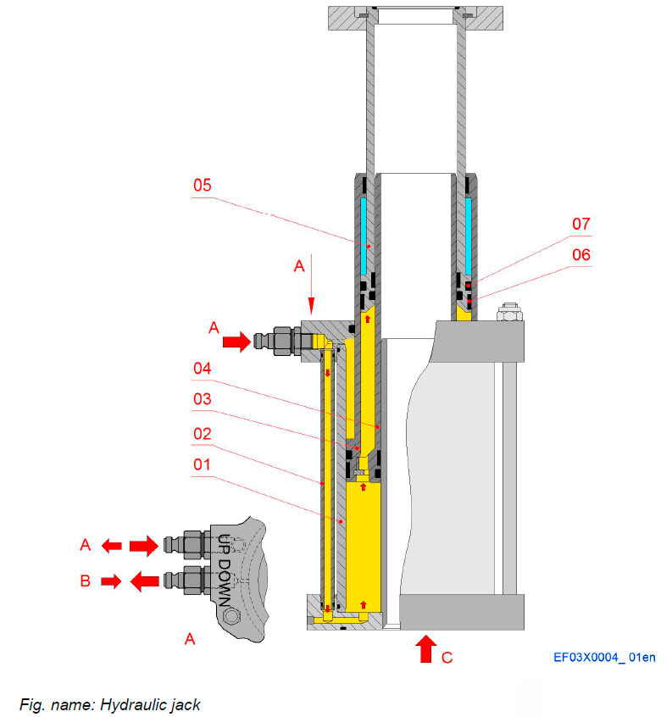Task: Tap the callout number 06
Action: (580, 254)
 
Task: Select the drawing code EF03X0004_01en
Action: (604, 656)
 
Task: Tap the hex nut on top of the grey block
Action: (508, 314)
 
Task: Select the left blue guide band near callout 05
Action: (363, 236)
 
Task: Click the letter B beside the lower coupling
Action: (85, 581)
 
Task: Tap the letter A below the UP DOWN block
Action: (190, 639)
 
